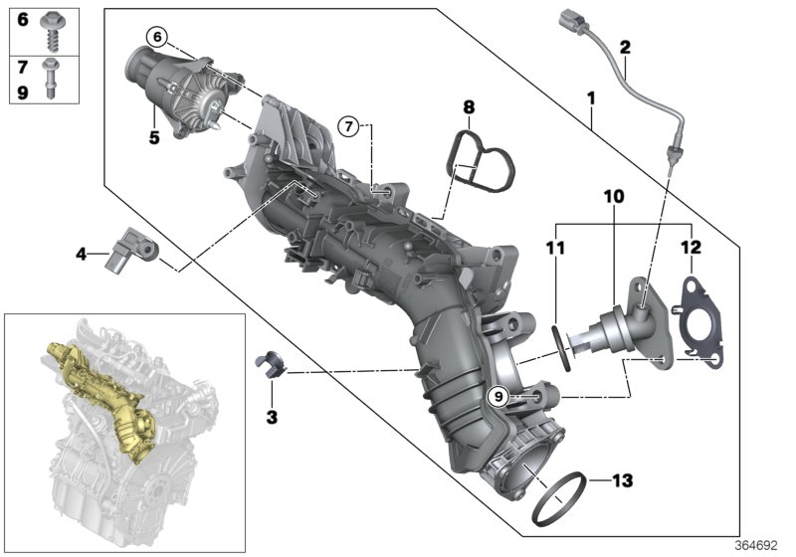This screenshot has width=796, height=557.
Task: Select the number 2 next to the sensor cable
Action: point(624,47)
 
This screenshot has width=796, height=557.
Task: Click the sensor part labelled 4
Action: point(135,248)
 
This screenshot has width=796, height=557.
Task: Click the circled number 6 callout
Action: point(155,37)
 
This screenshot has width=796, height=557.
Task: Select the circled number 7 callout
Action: point(347,125)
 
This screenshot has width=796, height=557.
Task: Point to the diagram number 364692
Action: point(760,544)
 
